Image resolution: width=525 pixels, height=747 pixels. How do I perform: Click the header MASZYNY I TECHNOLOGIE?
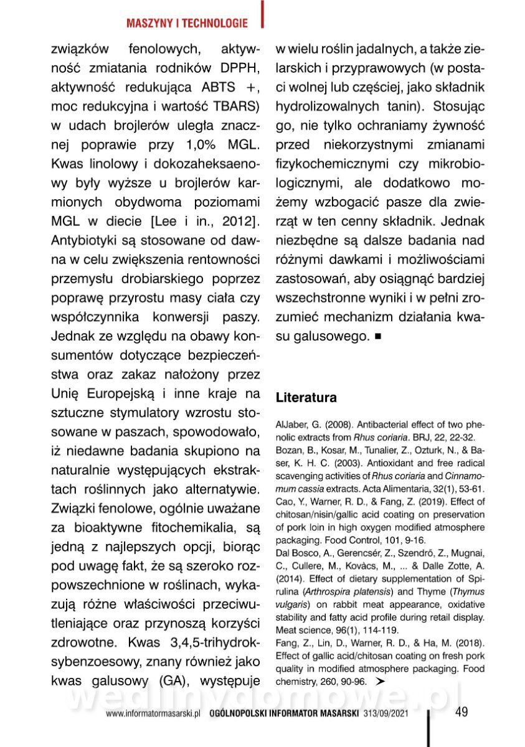(186, 24)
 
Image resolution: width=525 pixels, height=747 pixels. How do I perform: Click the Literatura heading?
(306, 398)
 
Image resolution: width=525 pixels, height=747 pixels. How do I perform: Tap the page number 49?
(461, 712)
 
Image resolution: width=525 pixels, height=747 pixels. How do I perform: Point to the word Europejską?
(120, 393)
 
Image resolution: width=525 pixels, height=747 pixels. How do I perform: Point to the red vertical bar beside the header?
(262, 14)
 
